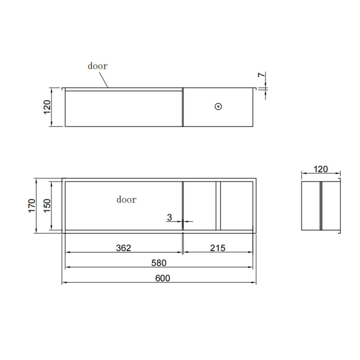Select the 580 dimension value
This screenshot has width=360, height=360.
point(159,263)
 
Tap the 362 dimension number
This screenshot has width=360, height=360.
point(124,248)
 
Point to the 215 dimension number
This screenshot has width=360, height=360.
point(218,248)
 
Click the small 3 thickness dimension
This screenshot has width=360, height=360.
point(169,218)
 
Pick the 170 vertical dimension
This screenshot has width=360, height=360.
point(32,206)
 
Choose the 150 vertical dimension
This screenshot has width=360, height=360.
point(47,206)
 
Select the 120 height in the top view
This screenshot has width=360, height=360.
point(47,107)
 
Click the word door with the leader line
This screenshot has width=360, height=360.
point(98,66)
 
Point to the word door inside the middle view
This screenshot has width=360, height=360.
point(126,199)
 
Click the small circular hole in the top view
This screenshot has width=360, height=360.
point(218,107)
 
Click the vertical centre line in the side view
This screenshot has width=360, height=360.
point(321,206)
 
